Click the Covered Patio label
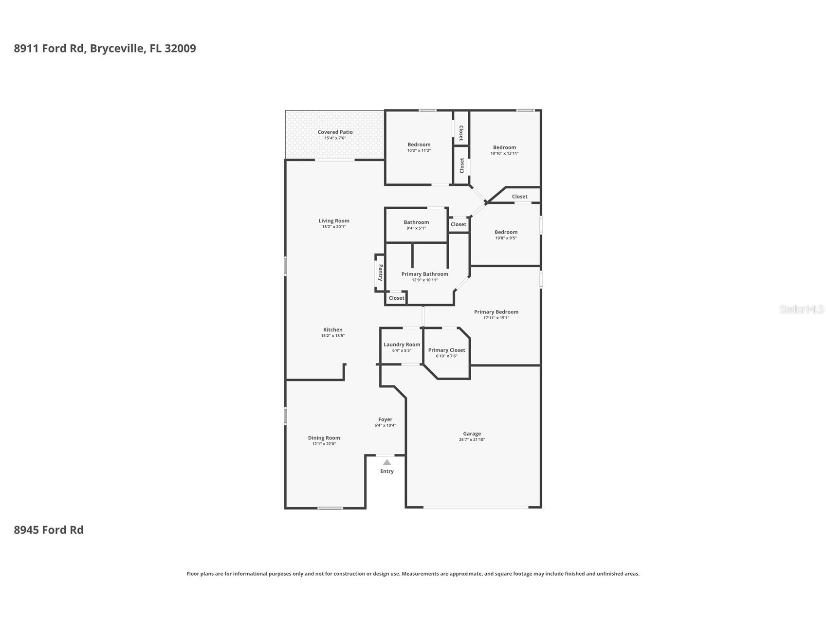[x=335, y=132]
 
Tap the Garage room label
[x=472, y=434]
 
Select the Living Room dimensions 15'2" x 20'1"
[x=334, y=227]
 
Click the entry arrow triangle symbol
[x=386, y=462]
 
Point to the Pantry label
[x=381, y=273]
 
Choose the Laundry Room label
[x=402, y=345]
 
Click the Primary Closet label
[x=446, y=350]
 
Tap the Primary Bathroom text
[x=424, y=274]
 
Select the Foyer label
[x=385, y=419]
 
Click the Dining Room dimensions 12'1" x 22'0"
[x=324, y=444]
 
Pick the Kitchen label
[x=333, y=330]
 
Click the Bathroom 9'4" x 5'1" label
[x=416, y=222]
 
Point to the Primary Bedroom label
[x=496, y=312]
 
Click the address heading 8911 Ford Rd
[x=105, y=48]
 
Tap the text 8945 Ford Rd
[x=49, y=530]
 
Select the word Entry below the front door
[x=386, y=471]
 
